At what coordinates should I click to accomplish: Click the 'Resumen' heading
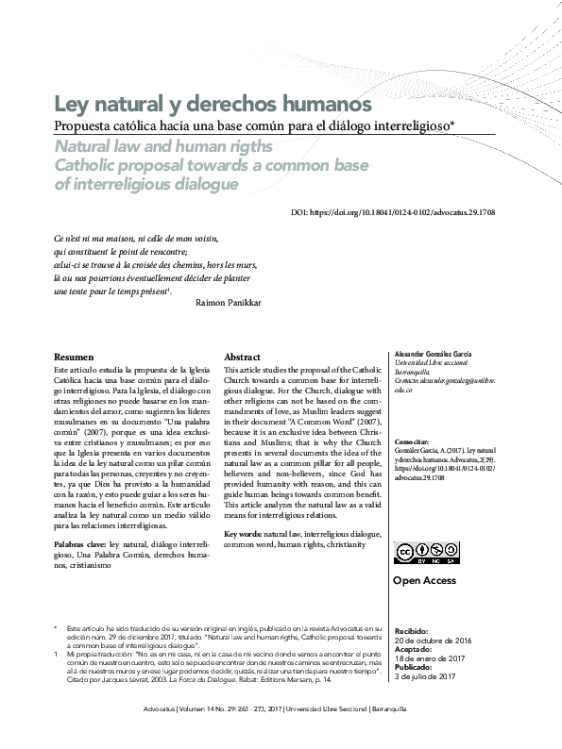[74, 358]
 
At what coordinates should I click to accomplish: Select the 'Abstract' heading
[242, 358]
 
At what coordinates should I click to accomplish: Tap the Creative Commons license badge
[417, 553]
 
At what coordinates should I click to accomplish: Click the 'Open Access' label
[425, 581]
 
